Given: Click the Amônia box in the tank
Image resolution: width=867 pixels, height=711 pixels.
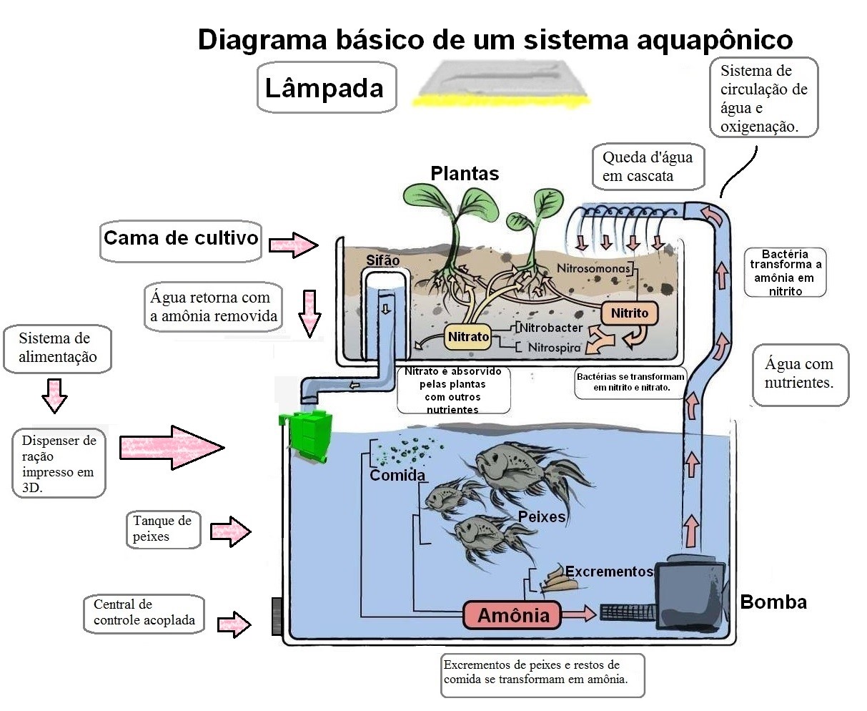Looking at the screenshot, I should pos(512,614).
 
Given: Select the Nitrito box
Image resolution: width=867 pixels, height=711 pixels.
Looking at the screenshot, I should pos(629,313).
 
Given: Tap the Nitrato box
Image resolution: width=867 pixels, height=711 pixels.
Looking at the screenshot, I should pos(468,336).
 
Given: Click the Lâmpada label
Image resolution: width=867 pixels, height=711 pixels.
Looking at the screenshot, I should pos(325,89).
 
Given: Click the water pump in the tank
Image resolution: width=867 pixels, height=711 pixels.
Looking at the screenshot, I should pos(690,585).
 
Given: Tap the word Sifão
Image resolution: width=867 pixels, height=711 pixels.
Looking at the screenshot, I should pos(382,260).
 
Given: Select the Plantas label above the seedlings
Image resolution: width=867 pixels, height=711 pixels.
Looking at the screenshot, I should pos(465,173).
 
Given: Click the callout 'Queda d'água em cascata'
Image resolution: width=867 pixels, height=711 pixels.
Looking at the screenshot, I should pos(647,167).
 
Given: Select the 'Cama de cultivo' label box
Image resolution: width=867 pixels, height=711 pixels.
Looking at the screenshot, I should pos(181,238).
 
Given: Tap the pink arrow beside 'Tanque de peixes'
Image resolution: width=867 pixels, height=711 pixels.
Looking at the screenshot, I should pos(231,531).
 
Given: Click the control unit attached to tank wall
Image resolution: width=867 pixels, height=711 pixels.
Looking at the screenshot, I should pos(277,615).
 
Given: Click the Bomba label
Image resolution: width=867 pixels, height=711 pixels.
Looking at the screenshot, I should pos(773,602).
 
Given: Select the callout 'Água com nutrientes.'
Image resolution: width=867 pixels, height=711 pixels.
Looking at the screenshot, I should pos(799,373).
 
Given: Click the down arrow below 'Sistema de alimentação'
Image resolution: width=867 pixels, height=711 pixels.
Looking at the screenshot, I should pos(54,395).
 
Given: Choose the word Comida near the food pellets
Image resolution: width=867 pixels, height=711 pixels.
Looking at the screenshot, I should pos(397,476).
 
